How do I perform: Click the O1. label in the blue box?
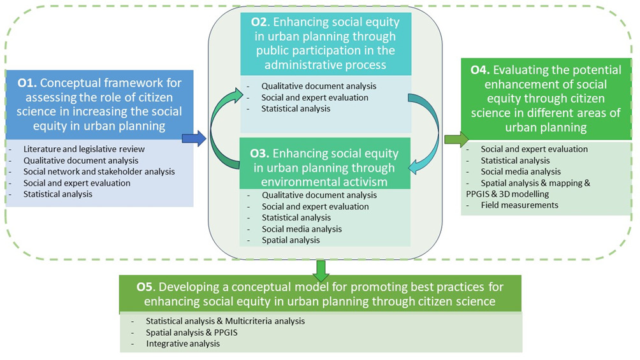(29, 83)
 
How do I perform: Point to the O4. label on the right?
(479, 70)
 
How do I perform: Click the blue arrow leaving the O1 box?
(194, 137)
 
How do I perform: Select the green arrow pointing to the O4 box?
(455, 140)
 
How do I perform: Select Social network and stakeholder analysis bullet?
(99, 171)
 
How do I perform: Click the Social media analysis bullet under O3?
(302, 229)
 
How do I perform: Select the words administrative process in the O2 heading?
(318, 66)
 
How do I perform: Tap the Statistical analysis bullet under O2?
(296, 108)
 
